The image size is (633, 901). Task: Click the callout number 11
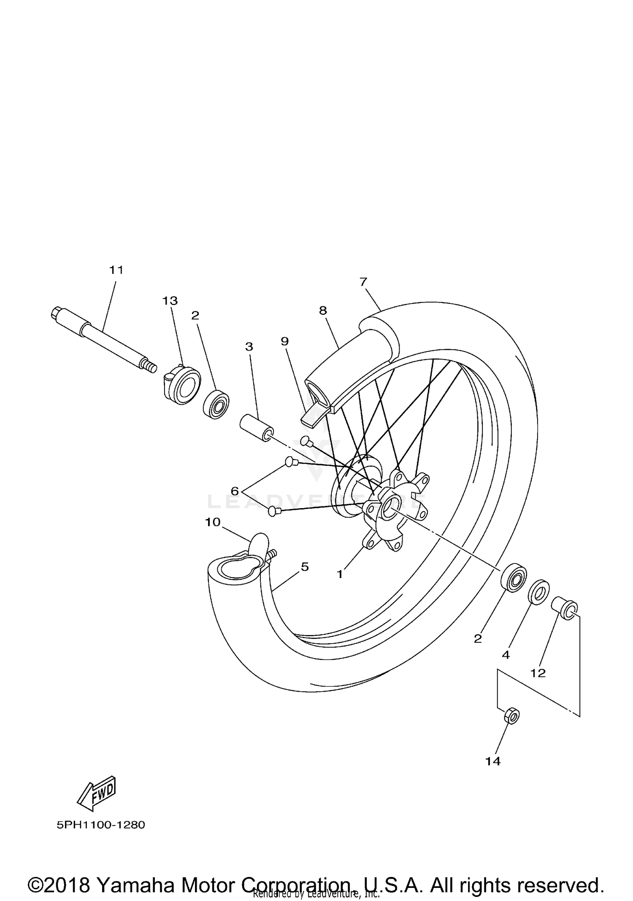pyautogui.click(x=116, y=270)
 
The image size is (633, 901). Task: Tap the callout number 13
pyautogui.click(x=170, y=301)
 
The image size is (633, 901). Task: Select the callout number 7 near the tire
pyautogui.click(x=363, y=282)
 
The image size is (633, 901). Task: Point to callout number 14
pyautogui.click(x=493, y=761)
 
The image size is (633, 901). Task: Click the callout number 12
pyautogui.click(x=538, y=673)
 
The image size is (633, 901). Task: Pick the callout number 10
pyautogui.click(x=213, y=522)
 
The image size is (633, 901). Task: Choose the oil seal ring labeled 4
pyautogui.click(x=539, y=593)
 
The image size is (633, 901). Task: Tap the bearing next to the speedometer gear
pyautogui.click(x=216, y=404)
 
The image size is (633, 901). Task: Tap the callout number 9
pyautogui.click(x=284, y=341)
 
